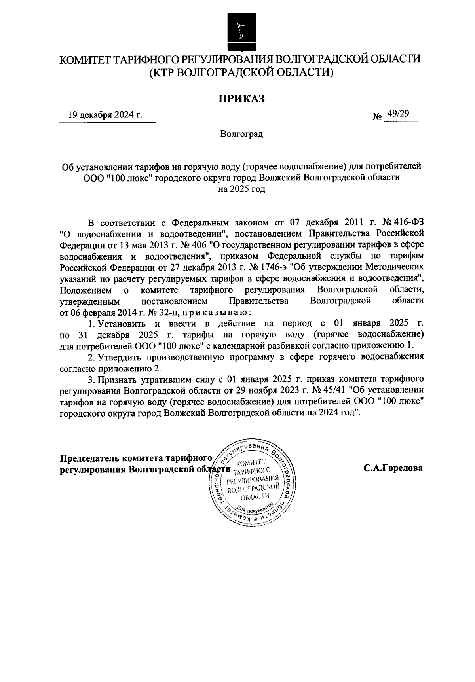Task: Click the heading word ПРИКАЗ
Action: pos(241,99)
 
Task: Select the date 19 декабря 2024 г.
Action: pos(105,115)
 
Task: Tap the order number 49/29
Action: pos(398,114)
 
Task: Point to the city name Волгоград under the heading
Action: pos(241,134)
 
